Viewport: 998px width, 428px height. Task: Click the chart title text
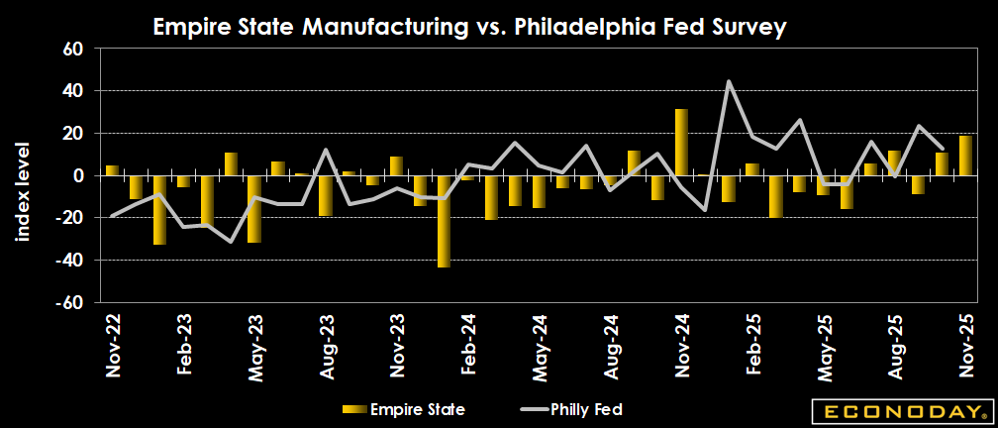(469, 28)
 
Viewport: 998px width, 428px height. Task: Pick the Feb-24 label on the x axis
(467, 347)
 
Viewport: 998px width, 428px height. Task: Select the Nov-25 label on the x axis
(966, 347)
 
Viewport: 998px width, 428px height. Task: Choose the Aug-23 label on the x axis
(326, 347)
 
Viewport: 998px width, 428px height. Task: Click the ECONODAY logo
(900, 410)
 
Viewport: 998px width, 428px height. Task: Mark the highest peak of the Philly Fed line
(729, 81)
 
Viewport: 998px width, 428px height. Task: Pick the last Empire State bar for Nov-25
(965, 156)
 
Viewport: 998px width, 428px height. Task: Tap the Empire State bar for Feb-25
(752, 169)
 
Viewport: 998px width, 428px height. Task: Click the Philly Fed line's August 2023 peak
(326, 150)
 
